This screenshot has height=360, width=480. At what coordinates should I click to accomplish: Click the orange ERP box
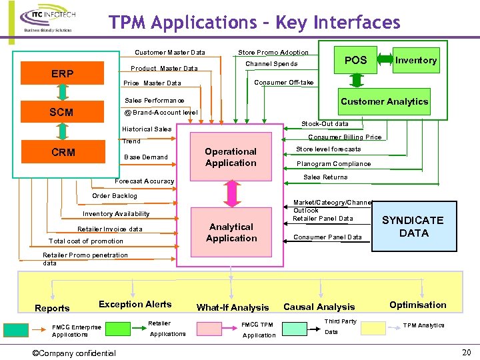(62, 73)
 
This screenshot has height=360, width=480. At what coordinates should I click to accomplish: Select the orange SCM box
(62, 113)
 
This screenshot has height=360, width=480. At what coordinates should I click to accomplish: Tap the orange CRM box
(63, 152)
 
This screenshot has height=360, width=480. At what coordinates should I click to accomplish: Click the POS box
(355, 60)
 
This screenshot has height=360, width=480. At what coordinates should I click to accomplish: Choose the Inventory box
(415, 60)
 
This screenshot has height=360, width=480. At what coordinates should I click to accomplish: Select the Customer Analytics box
(384, 101)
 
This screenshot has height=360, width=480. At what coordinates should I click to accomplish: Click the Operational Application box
(231, 157)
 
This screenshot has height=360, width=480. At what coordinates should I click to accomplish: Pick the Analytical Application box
(231, 232)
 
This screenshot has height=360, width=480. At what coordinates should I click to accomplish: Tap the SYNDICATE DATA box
(411, 227)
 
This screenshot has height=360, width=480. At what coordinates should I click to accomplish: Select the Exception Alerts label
(135, 304)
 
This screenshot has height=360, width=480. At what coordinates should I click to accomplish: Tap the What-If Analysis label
(232, 307)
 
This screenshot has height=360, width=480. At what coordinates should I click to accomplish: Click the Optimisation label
(417, 305)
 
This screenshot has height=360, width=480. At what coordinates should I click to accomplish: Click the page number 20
(467, 352)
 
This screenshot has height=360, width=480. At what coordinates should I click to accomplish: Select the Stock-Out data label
(325, 124)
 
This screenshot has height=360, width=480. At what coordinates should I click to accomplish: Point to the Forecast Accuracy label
(145, 181)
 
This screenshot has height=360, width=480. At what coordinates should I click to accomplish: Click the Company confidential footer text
(74, 353)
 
